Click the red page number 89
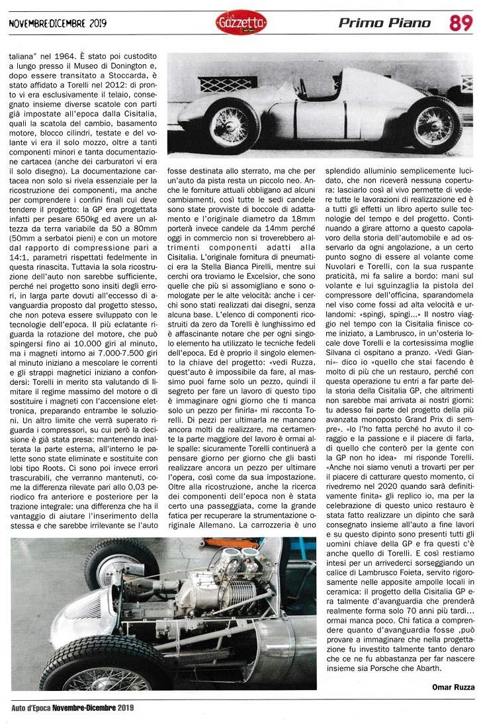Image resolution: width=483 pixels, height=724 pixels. coord(461,23)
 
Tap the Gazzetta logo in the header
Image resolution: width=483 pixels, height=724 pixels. coord(241,24)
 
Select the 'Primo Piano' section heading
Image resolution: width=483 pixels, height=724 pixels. coord(384,24)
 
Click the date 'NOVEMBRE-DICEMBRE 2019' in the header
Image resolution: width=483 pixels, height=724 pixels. coord(58,24)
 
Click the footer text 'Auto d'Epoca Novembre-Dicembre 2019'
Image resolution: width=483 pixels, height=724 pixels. coord(73,708)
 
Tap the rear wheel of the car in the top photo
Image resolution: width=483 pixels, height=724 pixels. coord(433,124)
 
